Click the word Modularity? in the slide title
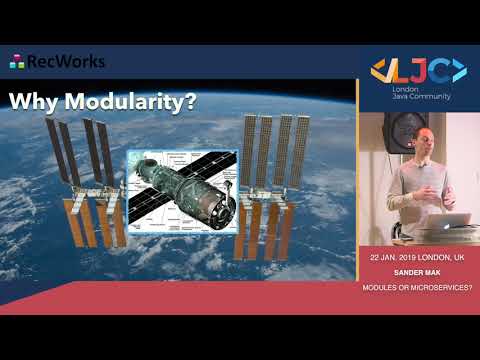131,103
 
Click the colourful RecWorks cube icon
17,62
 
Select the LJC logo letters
418,71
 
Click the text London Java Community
418,92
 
